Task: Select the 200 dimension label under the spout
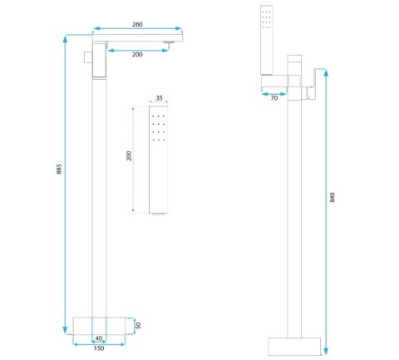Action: (x=137, y=56)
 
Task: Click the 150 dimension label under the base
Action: (x=99, y=348)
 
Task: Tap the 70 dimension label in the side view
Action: (x=273, y=98)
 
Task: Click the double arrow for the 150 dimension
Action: (x=99, y=343)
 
